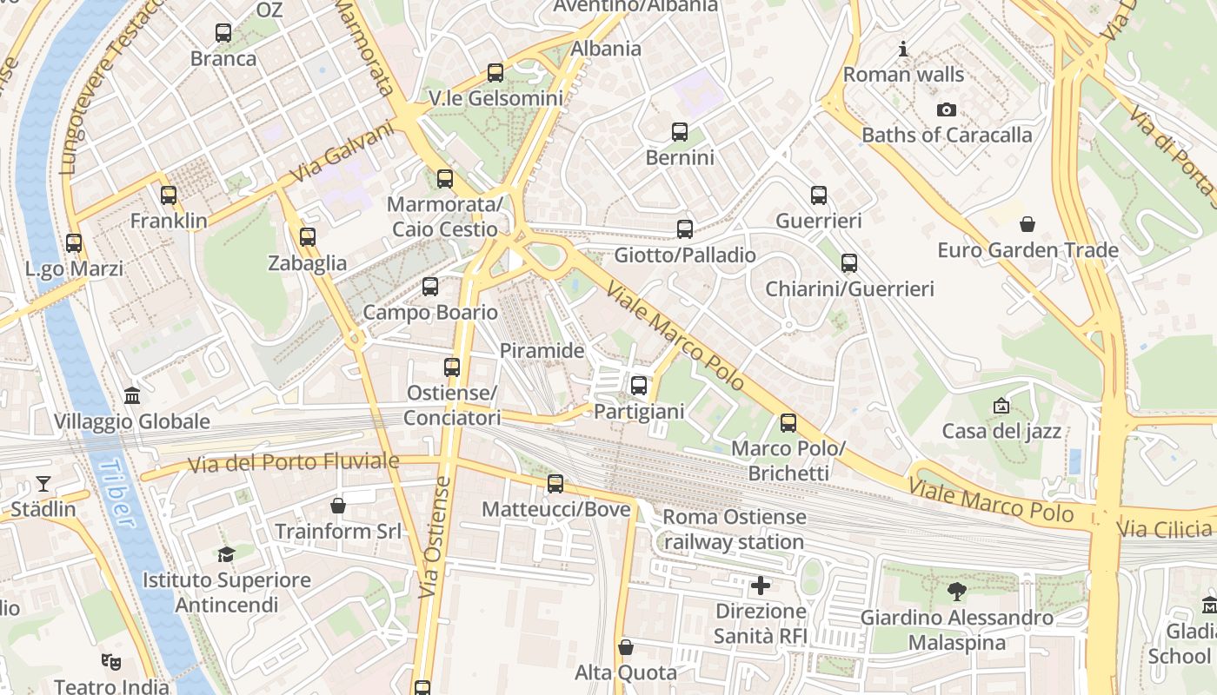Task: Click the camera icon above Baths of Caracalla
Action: pyautogui.click(x=947, y=109)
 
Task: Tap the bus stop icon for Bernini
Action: pyautogui.click(x=680, y=132)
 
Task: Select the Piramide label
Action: pyautogui.click(x=542, y=351)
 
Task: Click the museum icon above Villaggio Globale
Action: pyautogui.click(x=132, y=396)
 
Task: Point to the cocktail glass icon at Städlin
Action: pyautogui.click(x=43, y=484)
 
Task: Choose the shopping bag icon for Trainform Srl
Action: pyautogui.click(x=338, y=506)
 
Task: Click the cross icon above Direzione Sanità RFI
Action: pyautogui.click(x=761, y=586)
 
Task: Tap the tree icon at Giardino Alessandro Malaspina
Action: pyautogui.click(x=957, y=592)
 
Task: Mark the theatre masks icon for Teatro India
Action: pyautogui.click(x=110, y=662)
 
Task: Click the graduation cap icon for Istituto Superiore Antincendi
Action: pyautogui.click(x=227, y=554)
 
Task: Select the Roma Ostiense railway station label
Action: pyautogui.click(x=735, y=530)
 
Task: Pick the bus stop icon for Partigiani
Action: pyautogui.click(x=639, y=386)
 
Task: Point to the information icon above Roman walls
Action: pyautogui.click(x=903, y=50)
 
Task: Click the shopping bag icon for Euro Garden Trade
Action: pyautogui.click(x=1027, y=225)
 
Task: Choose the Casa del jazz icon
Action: pyautogui.click(x=1001, y=406)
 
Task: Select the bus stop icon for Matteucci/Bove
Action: pyautogui.click(x=555, y=484)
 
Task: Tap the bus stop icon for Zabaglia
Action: pyautogui.click(x=307, y=237)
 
